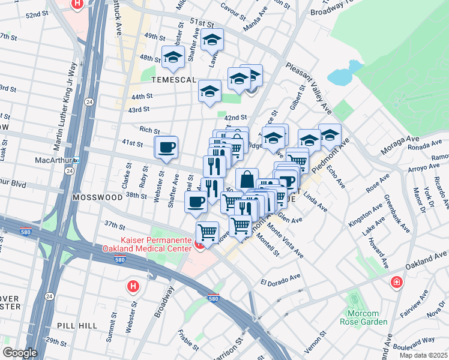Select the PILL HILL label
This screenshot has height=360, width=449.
74,325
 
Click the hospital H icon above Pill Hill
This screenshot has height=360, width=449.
133,286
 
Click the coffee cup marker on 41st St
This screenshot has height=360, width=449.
166,146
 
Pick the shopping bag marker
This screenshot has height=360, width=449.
247,179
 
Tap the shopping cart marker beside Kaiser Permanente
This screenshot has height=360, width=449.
207,231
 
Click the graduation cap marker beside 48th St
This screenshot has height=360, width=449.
173,58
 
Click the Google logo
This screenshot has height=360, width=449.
20,353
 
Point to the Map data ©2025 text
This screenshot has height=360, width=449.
423,355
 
